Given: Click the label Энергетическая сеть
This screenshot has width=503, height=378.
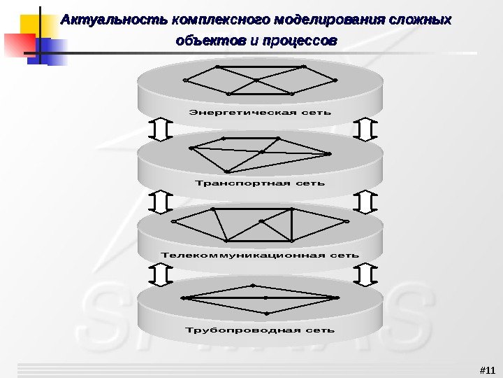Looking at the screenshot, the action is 260,112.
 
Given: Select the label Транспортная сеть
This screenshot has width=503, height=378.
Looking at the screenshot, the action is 260,183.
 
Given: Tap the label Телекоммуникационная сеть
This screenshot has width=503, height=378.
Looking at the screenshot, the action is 260,255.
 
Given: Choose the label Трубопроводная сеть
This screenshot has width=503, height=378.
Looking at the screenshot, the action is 260,330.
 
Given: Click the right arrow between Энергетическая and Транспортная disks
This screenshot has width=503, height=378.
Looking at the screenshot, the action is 365,129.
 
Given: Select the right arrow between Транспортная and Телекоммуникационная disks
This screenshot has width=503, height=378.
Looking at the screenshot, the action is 365,202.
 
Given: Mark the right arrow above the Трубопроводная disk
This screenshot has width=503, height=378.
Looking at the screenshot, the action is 365,274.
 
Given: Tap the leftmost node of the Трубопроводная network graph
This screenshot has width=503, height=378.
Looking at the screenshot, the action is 183,298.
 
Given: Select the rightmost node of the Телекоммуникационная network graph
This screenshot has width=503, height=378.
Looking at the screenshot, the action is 347,220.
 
